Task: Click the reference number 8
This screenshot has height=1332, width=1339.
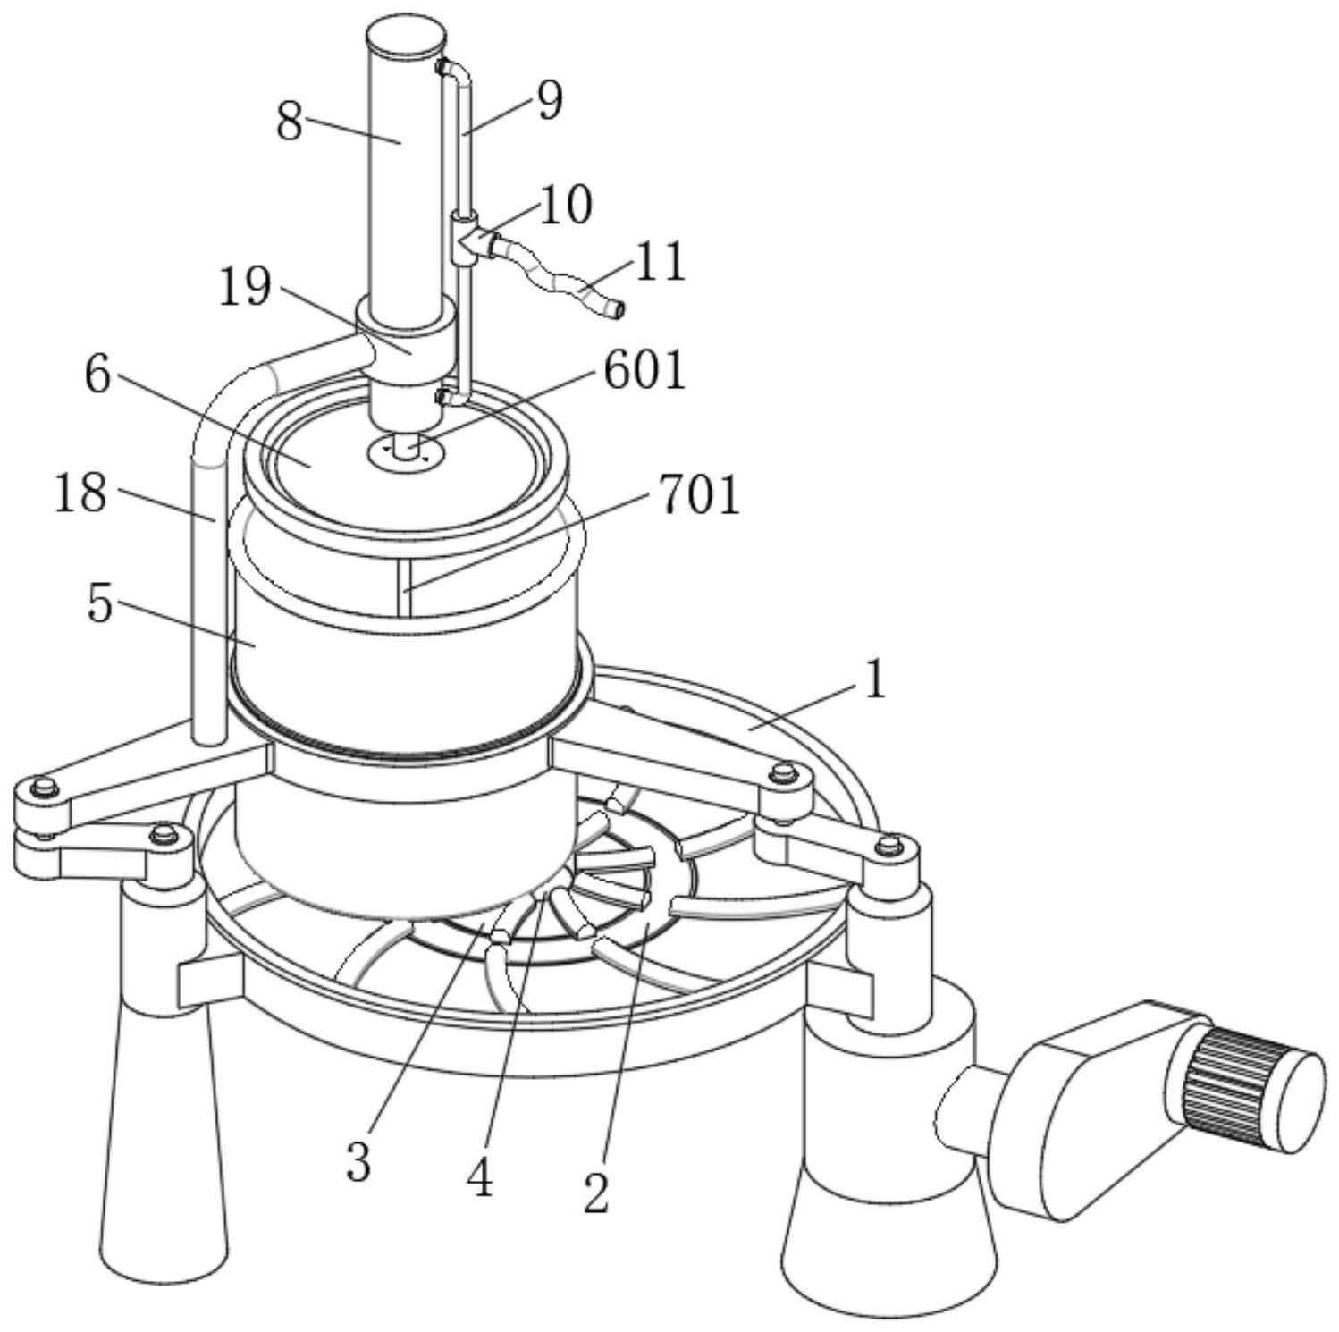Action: coord(290,122)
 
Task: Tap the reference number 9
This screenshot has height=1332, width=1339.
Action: coord(550,100)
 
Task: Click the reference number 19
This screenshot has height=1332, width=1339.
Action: coord(246,287)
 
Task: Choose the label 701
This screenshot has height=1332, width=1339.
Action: coord(700,495)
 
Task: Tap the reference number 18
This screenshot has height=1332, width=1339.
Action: coord(80,493)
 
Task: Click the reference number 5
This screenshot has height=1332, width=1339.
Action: coord(100,603)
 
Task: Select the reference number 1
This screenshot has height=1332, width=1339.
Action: coord(875,679)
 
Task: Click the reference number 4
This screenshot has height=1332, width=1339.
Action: coord(480,1178)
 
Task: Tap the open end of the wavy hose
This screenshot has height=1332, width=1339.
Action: coord(616,310)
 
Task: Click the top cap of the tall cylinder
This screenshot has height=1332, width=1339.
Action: coord(405,38)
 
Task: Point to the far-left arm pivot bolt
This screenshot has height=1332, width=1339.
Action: coord(42,788)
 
